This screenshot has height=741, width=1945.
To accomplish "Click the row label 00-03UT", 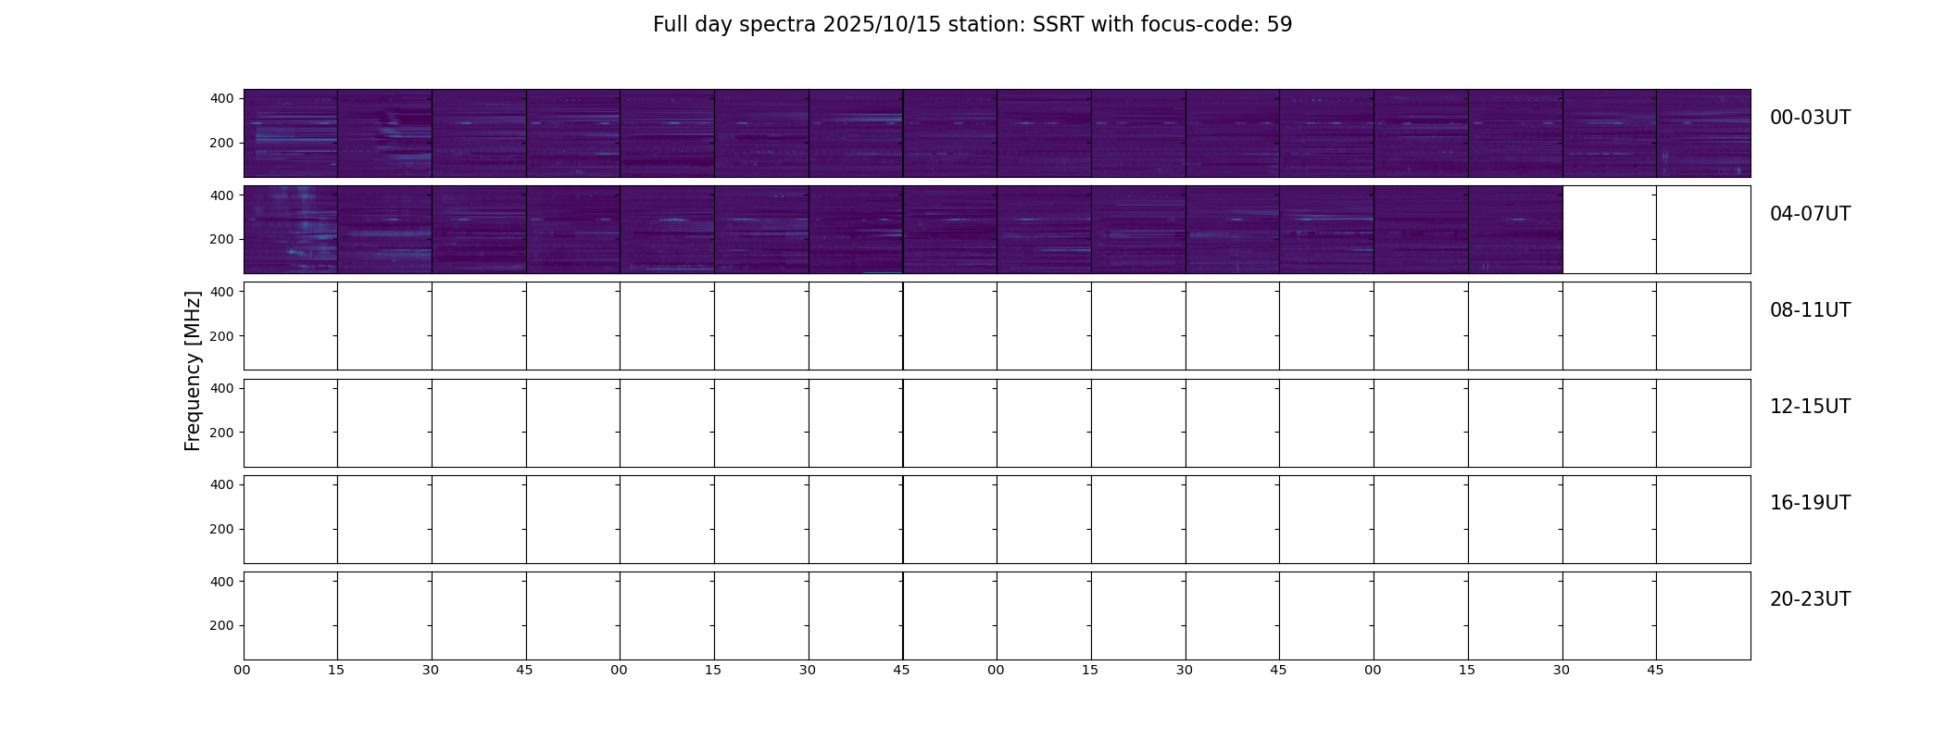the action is point(1810,118).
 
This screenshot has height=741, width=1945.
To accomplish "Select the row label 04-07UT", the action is point(1810,214).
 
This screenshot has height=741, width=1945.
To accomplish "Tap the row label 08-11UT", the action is point(1810,310).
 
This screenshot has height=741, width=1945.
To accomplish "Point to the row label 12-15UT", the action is point(1810,407).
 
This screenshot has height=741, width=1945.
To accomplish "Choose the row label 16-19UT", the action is point(1810,503).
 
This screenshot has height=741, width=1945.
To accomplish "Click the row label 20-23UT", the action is point(1810,599).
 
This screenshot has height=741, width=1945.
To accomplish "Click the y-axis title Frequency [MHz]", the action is point(193,370).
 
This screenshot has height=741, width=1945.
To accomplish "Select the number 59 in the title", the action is point(1279,25).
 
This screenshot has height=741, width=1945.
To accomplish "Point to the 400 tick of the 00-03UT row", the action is point(222,98).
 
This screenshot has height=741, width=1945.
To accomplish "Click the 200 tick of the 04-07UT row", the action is point(222,239).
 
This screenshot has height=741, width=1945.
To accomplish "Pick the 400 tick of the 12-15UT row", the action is point(222,388).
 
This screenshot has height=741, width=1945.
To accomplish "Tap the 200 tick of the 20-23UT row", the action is point(222,625).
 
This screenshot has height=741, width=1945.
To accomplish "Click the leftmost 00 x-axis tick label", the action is point(242,670).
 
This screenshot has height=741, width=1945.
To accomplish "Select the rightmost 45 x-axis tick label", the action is point(1655,670).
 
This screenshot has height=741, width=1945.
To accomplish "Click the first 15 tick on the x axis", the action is point(336,670).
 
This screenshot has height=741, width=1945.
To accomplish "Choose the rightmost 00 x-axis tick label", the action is point(1373,670).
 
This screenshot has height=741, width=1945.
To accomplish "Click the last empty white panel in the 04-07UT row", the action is point(1703,230).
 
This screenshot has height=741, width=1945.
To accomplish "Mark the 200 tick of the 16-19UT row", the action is point(222,529).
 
